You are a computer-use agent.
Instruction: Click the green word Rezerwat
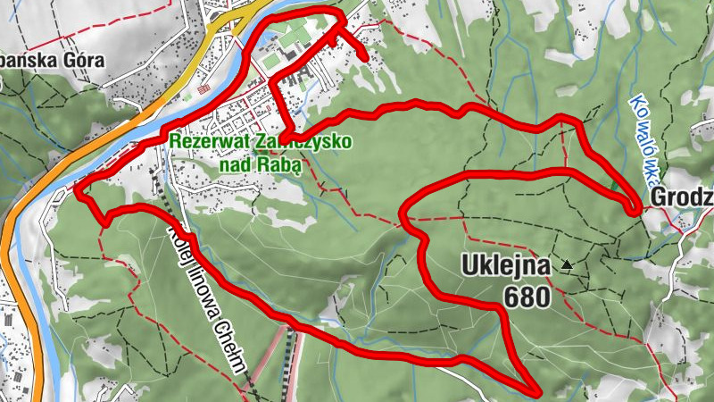[x=201, y=142]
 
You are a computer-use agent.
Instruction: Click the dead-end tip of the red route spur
[x=366, y=58]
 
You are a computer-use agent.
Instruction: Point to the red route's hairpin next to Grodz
[x=635, y=209]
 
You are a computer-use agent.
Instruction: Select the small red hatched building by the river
[x=203, y=90]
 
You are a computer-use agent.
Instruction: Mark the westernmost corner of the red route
[x=77, y=189]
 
